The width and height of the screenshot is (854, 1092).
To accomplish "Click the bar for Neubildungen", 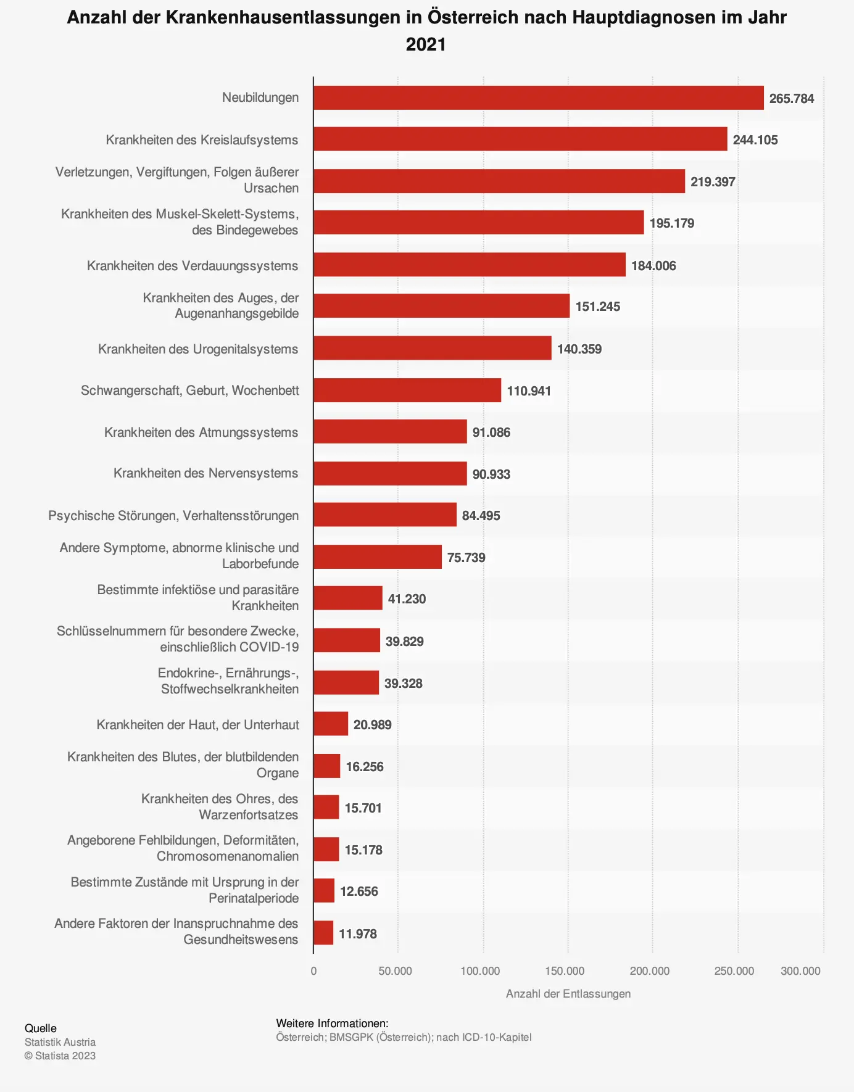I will pos(538,98).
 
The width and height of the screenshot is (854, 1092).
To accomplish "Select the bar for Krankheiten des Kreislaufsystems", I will pos(520,139).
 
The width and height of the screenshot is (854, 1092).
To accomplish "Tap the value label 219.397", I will pos(713,182).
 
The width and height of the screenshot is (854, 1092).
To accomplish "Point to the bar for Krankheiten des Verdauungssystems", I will pos(469,265).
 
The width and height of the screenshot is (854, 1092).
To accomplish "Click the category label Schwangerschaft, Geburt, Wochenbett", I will pos(189,391).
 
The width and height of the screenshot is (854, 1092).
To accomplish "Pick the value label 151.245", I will pos(597,307).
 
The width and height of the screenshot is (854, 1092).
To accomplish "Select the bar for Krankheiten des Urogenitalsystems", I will pos(432,349).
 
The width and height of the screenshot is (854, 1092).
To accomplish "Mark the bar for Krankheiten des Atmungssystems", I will pos(390,432).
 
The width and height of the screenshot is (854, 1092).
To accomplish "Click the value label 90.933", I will pos(491,474).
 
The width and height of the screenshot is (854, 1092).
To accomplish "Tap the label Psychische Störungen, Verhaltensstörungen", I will pos(173,516).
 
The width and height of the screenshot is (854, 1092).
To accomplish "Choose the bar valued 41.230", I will pos(347,598).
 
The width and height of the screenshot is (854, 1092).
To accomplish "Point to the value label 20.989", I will pos(372,725).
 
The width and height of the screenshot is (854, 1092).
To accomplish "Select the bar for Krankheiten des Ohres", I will pos(326,808).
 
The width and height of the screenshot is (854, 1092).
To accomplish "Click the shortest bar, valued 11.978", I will pos(323,933).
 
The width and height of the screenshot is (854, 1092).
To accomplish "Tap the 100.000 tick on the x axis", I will pos(480,971).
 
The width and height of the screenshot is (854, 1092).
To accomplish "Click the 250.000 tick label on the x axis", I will pos(734,971).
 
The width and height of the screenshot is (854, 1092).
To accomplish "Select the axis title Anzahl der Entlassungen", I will pos(568,994).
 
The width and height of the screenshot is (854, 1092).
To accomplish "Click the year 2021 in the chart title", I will pos(426,44).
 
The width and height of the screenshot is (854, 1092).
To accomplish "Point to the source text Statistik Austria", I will pos(60,1042).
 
